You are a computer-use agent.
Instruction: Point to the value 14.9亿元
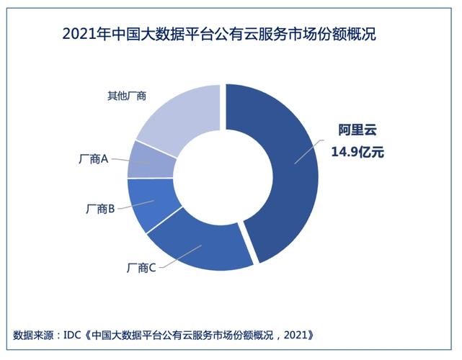click(x=358, y=152)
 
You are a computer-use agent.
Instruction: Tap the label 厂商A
click(x=92, y=159)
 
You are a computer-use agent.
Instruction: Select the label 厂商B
click(x=101, y=209)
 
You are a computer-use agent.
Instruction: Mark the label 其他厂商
click(x=117, y=95)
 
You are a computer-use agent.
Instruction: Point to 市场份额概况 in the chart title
click(x=336, y=33)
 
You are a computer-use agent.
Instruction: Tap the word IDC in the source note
click(x=73, y=335)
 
